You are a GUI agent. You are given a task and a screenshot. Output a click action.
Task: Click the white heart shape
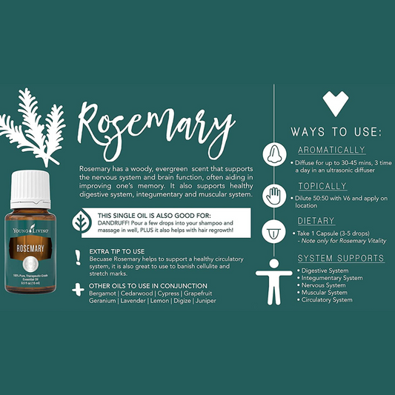pyautogui.click(x=336, y=103)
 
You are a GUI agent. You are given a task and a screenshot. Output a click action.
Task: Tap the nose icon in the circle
pyautogui.click(x=274, y=154)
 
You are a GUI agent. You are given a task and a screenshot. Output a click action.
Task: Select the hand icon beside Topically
pyautogui.click(x=274, y=196)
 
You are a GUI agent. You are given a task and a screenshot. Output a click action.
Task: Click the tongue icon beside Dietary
pyautogui.click(x=273, y=231)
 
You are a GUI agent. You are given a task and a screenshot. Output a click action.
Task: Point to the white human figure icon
pyautogui.click(x=274, y=282)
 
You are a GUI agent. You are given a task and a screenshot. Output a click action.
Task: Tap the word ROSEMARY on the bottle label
pyautogui.click(x=30, y=248)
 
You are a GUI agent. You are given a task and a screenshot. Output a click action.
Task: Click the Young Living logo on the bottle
pyautogui.click(x=30, y=230)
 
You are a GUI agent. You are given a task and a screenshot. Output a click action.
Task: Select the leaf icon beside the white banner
pyautogui.click(x=82, y=222)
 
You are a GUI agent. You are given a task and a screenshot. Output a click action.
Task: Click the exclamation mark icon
pyautogui.click(x=78, y=257)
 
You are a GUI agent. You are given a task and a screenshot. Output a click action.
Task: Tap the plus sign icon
pyautogui.click(x=78, y=290)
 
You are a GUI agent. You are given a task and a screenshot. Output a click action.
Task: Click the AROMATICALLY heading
pyautogui.click(x=331, y=150)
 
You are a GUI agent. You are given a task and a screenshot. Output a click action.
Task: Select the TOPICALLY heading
pyautogui.click(x=322, y=186)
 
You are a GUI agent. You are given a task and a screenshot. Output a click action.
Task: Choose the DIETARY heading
pyautogui.click(x=316, y=221)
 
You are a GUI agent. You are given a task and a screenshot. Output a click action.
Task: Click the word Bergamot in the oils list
pyautogui.click(x=102, y=293)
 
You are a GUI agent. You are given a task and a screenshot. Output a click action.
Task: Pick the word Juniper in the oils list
pyautogui.click(x=205, y=301)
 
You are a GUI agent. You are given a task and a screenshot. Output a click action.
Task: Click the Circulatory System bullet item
pyautogui.click(x=325, y=300)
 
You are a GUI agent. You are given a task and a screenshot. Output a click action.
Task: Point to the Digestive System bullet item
pyautogui.click(x=322, y=270)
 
